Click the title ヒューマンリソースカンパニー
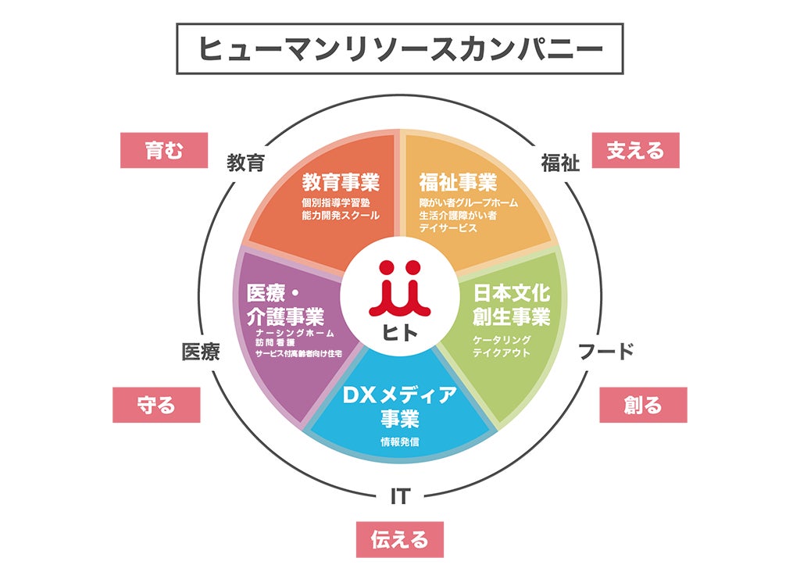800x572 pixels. tap(399, 48)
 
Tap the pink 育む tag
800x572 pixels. tap(164, 150)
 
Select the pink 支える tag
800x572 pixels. tap(635, 150)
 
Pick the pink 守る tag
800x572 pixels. tap(156, 405)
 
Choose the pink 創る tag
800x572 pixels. tap(643, 405)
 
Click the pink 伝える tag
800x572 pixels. tap(399, 539)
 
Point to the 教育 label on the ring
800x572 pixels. tap(246, 163)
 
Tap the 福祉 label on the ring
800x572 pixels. tap(560, 163)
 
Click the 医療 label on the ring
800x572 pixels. tap(200, 352)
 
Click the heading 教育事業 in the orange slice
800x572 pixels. tap(341, 183)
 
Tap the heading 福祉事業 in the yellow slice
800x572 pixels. tap(458, 183)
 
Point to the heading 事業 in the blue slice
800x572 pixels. tap(400, 419)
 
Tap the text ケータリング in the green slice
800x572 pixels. tap(502, 340)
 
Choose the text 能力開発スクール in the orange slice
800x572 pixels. tap(341, 215)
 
